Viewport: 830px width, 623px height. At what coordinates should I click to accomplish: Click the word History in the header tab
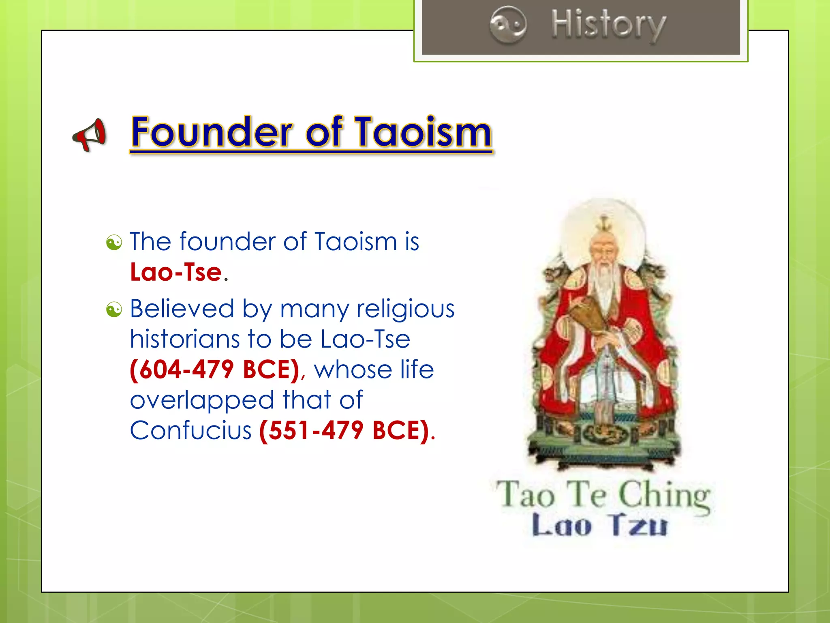pyautogui.click(x=608, y=25)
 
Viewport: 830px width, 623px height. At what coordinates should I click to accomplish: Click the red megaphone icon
pyautogui.click(x=90, y=135)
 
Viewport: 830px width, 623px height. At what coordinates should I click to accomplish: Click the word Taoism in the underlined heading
pyautogui.click(x=423, y=132)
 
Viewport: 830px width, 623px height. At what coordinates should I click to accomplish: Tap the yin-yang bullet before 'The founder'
pyautogui.click(x=114, y=243)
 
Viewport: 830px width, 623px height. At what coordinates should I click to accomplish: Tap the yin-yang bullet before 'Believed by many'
pyautogui.click(x=114, y=310)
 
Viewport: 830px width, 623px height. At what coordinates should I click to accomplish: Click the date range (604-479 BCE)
pyautogui.click(x=214, y=370)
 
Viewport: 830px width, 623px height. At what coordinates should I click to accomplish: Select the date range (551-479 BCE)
pyautogui.click(x=344, y=430)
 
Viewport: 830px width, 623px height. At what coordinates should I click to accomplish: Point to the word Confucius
pyautogui.click(x=190, y=430)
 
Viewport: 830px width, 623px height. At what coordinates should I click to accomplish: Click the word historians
pyautogui.click(x=185, y=339)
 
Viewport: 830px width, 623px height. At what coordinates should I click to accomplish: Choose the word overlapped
pyautogui.click(x=202, y=400)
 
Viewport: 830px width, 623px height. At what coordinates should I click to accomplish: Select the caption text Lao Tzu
pyautogui.click(x=599, y=526)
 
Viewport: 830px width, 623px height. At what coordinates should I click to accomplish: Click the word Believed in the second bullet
pyautogui.click(x=182, y=309)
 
